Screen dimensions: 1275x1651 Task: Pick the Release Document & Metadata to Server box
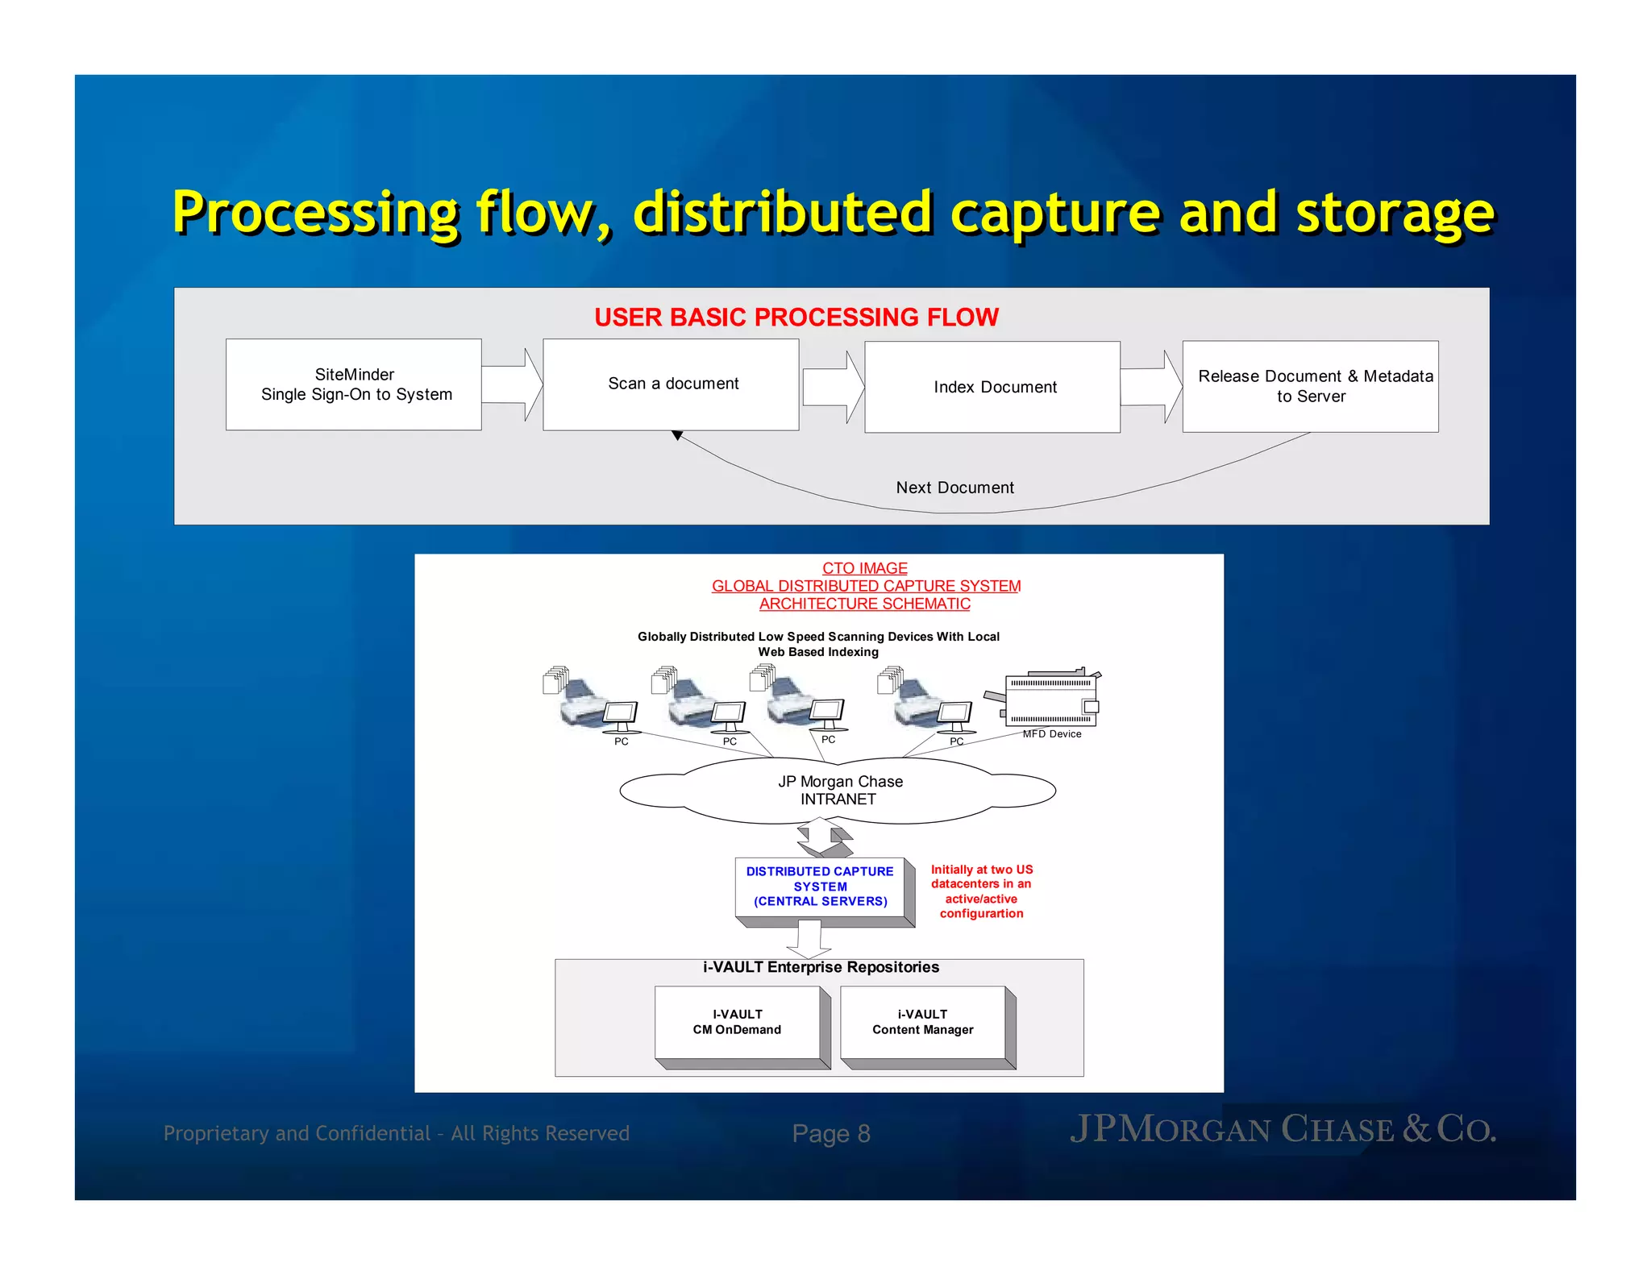pos(1310,386)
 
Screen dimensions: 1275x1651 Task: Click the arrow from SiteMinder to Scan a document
pos(513,384)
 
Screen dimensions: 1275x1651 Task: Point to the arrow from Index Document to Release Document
pos(1151,387)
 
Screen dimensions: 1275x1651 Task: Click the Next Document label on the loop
pos(954,488)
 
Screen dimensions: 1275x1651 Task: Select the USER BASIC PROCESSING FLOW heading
pos(796,318)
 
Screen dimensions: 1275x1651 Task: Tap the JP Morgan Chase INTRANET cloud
pos(838,791)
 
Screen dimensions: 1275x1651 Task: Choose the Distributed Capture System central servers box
pos(820,887)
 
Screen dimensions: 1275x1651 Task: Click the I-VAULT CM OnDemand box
pos(738,1022)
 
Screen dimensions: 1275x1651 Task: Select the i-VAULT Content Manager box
pos(923,1022)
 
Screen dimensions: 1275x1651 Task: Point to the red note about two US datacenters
pos(981,891)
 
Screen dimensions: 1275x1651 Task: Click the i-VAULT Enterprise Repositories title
pos(821,967)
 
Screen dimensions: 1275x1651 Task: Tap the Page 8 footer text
pos(831,1134)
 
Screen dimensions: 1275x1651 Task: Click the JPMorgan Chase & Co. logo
pos(1283,1129)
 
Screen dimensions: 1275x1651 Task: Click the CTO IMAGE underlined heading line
pos(864,568)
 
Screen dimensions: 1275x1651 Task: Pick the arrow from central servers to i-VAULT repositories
pos(809,940)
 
